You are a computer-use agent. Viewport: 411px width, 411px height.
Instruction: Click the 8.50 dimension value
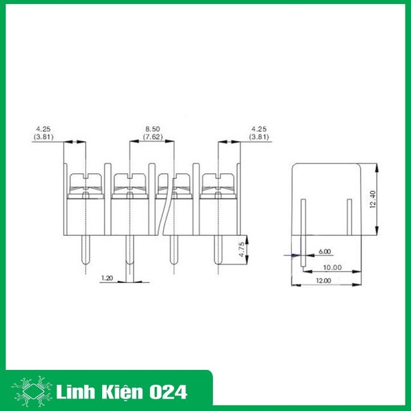[x=153, y=129]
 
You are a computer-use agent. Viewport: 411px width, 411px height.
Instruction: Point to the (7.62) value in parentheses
[x=153, y=136]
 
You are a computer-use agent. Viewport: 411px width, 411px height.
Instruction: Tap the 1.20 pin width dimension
[x=107, y=278]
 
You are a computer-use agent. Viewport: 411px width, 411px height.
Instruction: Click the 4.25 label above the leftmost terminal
[x=42, y=129]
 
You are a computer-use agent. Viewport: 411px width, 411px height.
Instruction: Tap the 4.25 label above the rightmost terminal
[x=260, y=129]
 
